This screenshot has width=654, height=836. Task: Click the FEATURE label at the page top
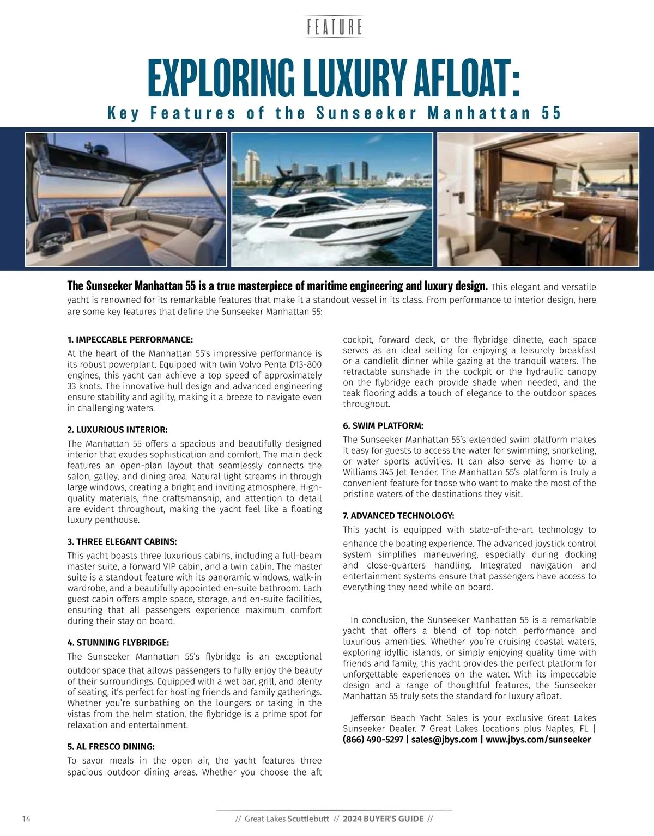click(335, 27)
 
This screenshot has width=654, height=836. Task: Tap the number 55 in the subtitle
click(551, 113)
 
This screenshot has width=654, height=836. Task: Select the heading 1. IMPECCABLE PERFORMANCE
click(130, 339)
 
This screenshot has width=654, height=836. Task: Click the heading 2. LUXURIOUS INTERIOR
click(118, 430)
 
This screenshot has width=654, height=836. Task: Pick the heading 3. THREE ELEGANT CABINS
click(122, 541)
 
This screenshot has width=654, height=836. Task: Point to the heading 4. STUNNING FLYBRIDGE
click(118, 643)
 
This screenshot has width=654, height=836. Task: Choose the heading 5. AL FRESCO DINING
click(111, 746)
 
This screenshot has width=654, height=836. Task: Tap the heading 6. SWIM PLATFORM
click(383, 425)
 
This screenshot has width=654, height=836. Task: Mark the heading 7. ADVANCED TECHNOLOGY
click(398, 515)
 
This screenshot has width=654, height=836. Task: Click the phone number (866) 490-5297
click(373, 739)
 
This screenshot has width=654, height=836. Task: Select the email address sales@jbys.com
click(444, 739)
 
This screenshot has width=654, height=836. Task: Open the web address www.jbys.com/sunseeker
click(538, 739)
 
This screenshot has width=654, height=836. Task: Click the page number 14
click(26, 819)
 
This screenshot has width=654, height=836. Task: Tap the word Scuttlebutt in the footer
click(308, 819)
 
